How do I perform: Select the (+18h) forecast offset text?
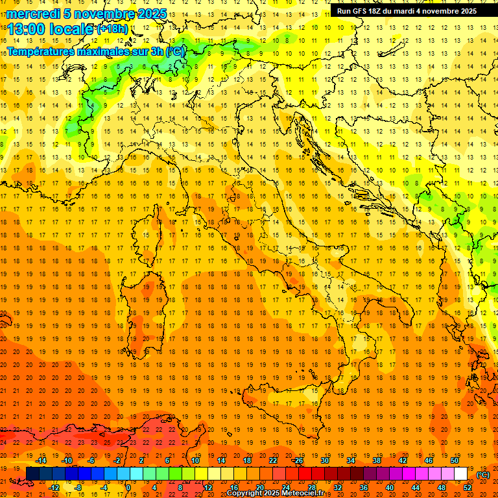112,29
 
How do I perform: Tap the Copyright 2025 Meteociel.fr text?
275,493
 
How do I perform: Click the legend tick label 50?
454,460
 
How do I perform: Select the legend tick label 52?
467,488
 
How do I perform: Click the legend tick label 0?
128,488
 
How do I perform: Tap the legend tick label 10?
195,460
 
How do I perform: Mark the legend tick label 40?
389,488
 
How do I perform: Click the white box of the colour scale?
460,474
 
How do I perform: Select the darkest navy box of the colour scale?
32,474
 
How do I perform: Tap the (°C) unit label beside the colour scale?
483,475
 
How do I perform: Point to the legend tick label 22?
272,460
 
